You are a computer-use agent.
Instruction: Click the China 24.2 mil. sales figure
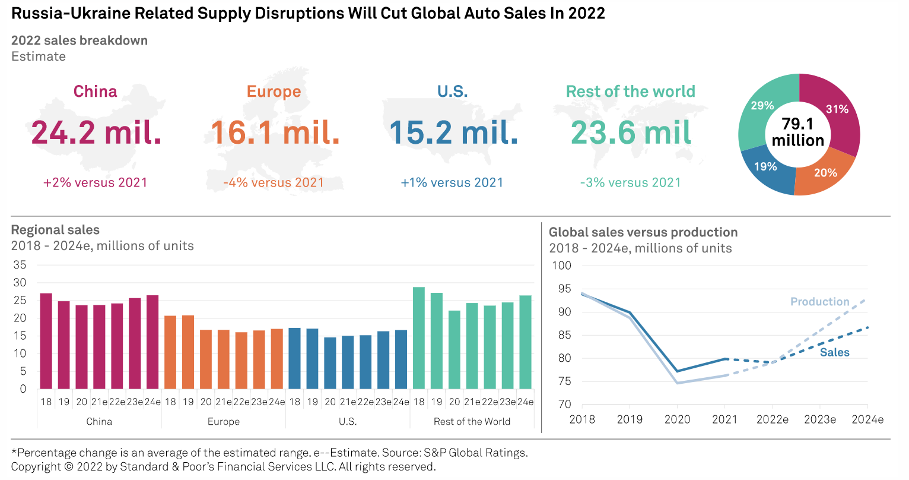96,132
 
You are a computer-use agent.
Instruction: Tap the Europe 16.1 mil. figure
275,132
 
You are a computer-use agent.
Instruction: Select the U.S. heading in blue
452,91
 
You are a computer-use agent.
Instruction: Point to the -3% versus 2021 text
630,182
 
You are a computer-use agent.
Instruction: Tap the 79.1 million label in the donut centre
798,132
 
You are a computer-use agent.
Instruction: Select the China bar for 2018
46,341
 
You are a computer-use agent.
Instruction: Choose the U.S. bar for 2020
330,363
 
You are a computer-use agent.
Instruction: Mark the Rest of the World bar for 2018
419,338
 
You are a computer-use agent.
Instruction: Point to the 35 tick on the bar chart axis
20,265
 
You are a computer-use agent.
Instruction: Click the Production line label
819,302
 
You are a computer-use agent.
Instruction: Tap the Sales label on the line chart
834,352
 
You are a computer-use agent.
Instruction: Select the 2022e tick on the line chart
772,419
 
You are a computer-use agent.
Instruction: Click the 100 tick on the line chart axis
561,266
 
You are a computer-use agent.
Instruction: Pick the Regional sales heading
55,230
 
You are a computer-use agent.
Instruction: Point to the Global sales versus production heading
643,232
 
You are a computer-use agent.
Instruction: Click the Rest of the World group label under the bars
472,421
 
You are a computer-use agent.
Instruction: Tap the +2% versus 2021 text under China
95,182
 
